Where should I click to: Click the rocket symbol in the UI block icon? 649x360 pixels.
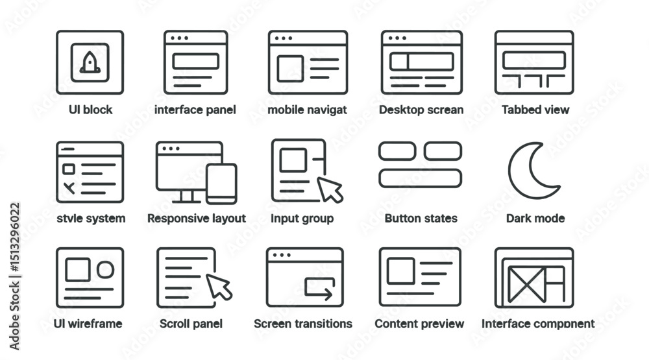point(90,63)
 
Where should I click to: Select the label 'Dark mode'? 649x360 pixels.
point(535,218)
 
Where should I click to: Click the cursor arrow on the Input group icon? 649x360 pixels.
point(330,189)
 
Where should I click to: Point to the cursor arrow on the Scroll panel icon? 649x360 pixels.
point(219,287)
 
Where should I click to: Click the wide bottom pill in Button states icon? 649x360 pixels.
point(420,178)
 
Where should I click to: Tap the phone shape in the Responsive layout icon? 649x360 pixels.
point(221,184)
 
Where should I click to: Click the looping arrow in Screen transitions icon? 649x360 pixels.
point(319,289)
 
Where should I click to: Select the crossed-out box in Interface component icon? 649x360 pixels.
point(526,284)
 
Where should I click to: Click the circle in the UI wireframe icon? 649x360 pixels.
point(106,270)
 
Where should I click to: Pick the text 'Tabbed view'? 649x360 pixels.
point(535,110)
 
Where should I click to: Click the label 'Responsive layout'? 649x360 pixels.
point(197,219)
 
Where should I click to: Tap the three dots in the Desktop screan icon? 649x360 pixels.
point(397,38)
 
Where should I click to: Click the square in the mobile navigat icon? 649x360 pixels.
point(290,69)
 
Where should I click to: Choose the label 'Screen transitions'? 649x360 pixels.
point(303,324)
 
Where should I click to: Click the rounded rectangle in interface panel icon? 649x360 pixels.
point(196,62)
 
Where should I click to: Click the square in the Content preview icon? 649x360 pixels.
point(400,271)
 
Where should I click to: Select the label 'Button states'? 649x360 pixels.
point(421,218)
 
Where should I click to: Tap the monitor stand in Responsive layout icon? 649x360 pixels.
point(187,197)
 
